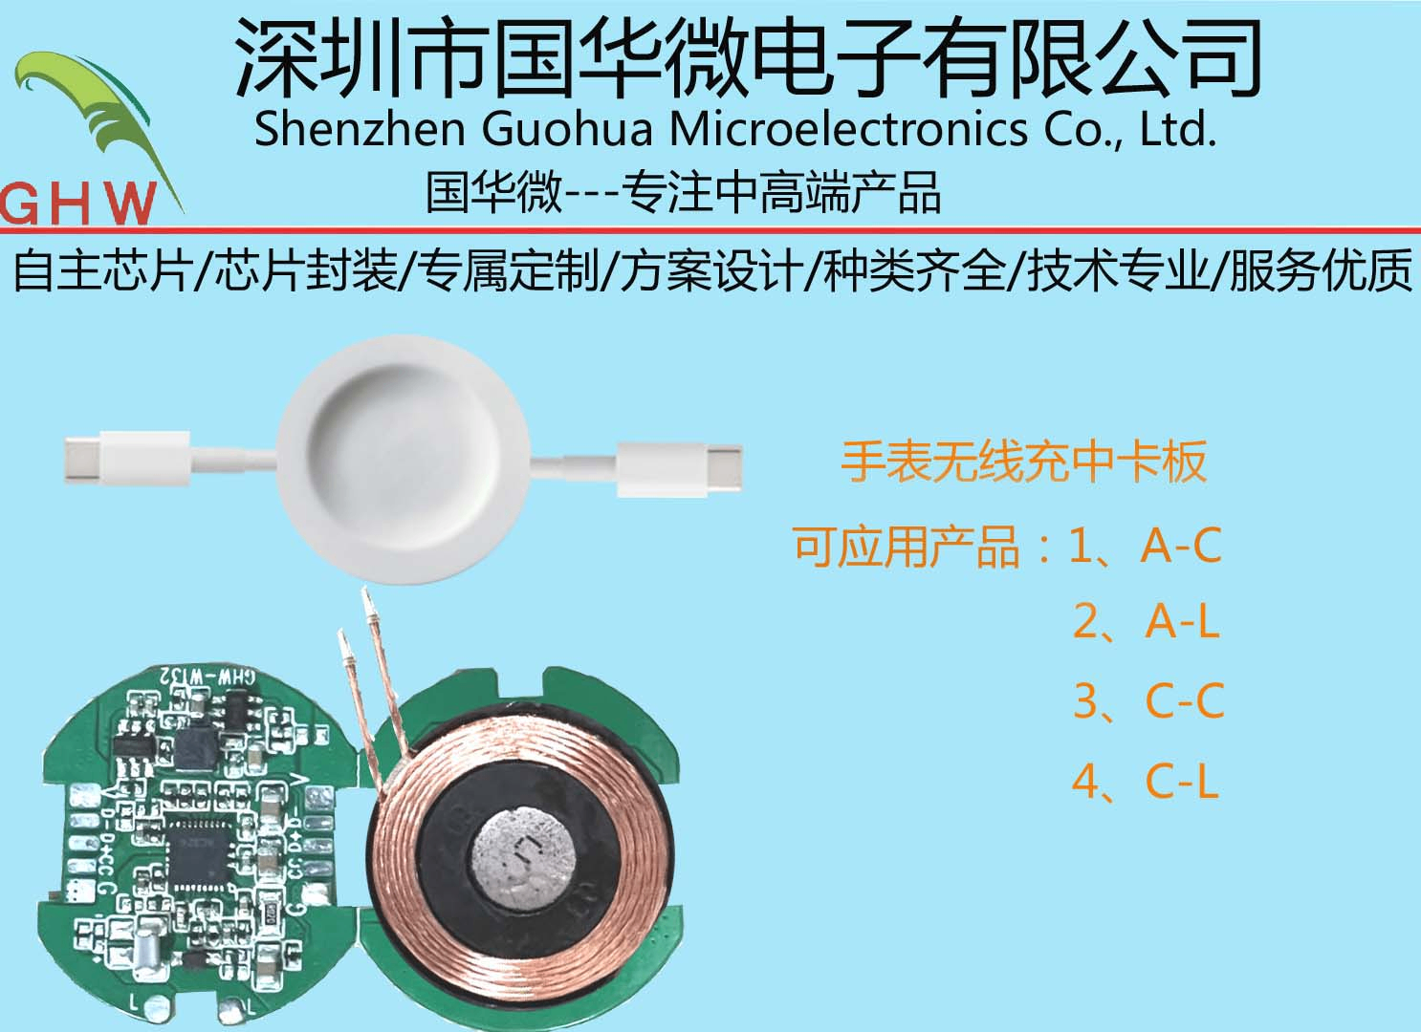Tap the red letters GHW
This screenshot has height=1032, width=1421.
pos(78,203)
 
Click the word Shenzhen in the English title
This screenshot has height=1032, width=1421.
pos(360,129)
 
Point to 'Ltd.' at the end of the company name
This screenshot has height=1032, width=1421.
pos(1178,129)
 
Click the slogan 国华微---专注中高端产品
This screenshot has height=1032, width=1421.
pos(683,192)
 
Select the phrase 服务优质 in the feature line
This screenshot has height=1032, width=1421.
pos(1320,270)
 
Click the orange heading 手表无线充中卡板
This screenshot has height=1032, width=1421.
pos(1023,462)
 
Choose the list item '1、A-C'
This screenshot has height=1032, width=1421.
pos(1145,547)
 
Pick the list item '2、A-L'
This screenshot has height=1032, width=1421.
pos(1146,622)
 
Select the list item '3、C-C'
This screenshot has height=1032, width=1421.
pos(1148,701)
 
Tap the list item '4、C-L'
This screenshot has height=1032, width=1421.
pos(1145,782)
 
